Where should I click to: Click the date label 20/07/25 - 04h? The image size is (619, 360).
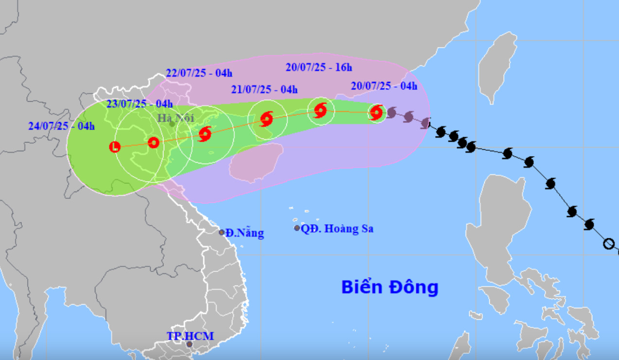tap(384, 86)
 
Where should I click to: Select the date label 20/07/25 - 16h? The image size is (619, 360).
tap(318, 67)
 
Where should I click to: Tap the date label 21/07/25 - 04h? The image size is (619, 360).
tap(264, 89)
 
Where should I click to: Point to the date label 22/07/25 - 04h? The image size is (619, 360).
tap(199, 73)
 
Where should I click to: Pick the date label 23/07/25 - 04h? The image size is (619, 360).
tap(139, 103)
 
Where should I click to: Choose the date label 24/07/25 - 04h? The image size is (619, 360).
tap(61, 126)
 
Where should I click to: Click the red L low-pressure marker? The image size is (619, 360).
tap(115, 146)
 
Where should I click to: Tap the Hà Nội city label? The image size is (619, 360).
tap(176, 117)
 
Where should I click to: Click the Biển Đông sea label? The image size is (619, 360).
tap(389, 287)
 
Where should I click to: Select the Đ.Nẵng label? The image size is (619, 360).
tap(245, 233)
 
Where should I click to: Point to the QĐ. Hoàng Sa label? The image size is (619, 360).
tap(337, 229)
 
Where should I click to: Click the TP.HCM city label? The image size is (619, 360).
tap(190, 336)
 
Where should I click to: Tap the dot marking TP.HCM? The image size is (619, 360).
tap(189, 344)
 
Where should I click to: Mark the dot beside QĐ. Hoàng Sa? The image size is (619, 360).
tap(297, 228)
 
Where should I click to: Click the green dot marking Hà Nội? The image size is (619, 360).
tap(172, 124)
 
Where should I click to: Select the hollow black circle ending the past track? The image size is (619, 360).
tap(608, 244)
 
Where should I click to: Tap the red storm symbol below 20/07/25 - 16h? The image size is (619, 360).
tap(320, 110)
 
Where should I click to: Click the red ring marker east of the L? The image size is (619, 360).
tap(153, 143)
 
